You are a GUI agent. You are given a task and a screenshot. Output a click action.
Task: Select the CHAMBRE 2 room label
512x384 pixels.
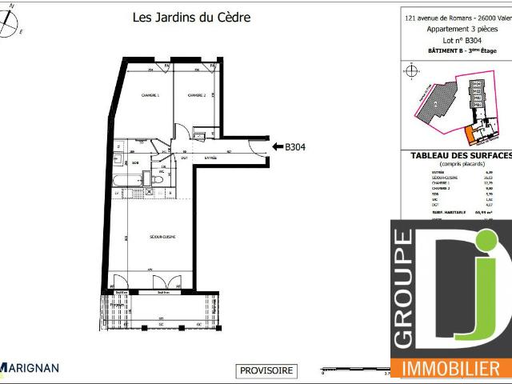click(x=197, y=96)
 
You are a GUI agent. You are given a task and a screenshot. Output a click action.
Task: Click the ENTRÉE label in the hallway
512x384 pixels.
click(x=210, y=157)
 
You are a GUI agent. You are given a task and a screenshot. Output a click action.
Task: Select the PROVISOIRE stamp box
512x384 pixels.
click(x=267, y=370)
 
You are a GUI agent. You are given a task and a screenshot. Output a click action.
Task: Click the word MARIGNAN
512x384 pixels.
click(x=32, y=370)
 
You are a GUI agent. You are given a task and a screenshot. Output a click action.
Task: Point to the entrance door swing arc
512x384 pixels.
click(x=258, y=145)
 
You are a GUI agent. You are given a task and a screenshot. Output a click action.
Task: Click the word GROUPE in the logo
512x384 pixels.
click(x=404, y=289)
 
